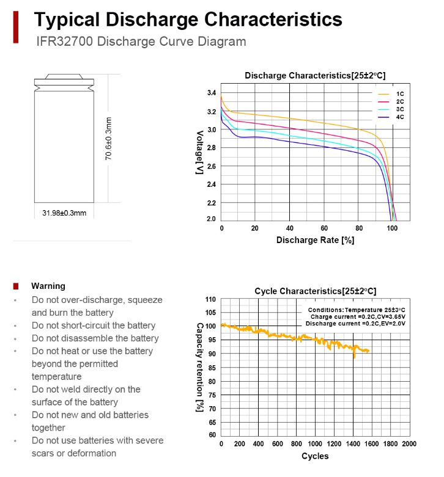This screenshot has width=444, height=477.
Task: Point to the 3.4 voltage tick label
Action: [x=211, y=93]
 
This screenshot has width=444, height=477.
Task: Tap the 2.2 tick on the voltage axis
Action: [x=211, y=203]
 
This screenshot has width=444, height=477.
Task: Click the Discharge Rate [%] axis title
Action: [x=315, y=240]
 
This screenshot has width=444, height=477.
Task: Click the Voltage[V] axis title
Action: [x=199, y=153]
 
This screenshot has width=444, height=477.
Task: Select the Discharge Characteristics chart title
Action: [x=315, y=75]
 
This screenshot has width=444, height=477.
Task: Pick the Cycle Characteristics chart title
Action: [x=315, y=291]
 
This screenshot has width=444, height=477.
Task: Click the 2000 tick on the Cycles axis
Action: [x=409, y=444]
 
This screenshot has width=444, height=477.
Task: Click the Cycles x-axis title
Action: [x=315, y=456]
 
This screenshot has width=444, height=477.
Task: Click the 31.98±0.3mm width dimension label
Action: [x=64, y=213]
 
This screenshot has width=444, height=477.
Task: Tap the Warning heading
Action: [x=48, y=286]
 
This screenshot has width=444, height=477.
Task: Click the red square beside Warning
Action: [x=17, y=286]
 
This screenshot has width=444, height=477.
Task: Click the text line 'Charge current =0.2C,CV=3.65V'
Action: [x=358, y=317]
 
